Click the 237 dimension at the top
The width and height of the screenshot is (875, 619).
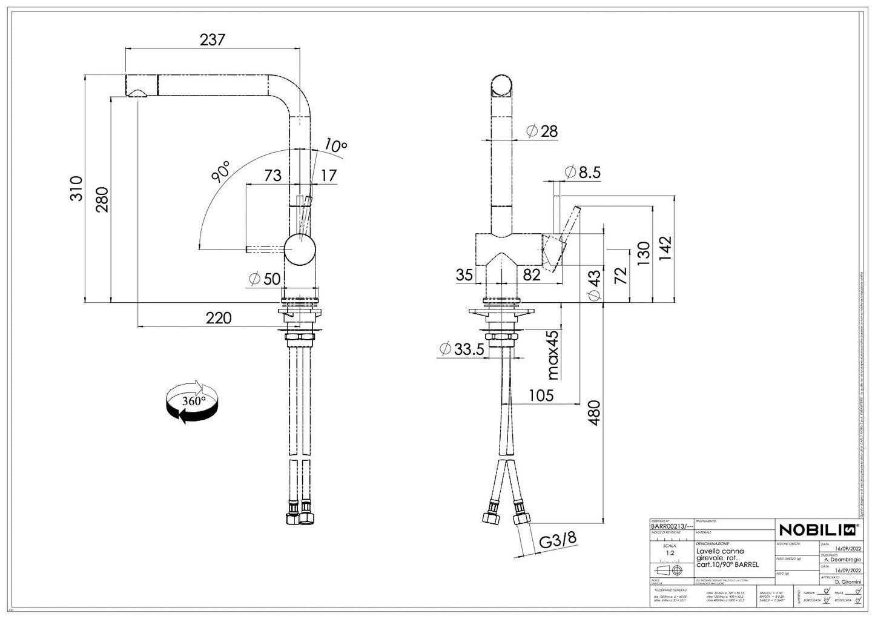212,40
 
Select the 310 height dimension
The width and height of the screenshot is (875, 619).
76,188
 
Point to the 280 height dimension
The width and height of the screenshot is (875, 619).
102,199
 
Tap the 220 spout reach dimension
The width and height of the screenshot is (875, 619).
219,317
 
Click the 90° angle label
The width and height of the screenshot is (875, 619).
220,171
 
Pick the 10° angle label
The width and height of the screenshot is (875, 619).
335,145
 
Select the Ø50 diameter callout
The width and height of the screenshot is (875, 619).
265,279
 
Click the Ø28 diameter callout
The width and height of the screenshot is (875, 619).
542,131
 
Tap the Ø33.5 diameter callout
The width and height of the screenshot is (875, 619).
461,349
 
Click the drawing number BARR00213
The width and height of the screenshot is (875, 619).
668,526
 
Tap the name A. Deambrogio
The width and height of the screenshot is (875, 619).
842,560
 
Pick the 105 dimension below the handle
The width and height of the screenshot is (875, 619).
541,396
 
